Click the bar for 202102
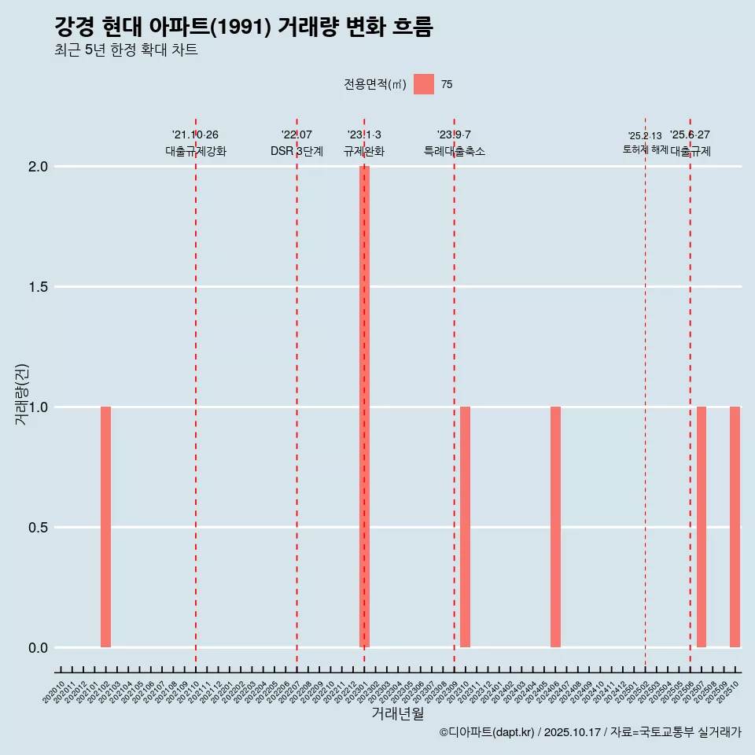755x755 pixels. tap(105, 527)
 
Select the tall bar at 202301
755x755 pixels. tap(364, 407)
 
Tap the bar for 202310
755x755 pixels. tap(466, 527)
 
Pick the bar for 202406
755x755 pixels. tap(555, 527)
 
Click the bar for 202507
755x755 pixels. tap(702, 527)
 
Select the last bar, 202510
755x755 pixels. tap(735, 527)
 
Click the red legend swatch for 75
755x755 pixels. tap(424, 84)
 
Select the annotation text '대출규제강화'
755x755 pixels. tap(196, 151)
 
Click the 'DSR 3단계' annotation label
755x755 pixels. tap(296, 151)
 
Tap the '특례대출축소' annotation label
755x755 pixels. tap(455, 151)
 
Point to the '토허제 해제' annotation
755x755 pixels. tap(645, 149)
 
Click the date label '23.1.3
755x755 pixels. tap(364, 135)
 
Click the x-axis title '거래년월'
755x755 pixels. tap(397, 714)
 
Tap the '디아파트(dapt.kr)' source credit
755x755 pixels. tap(487, 732)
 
